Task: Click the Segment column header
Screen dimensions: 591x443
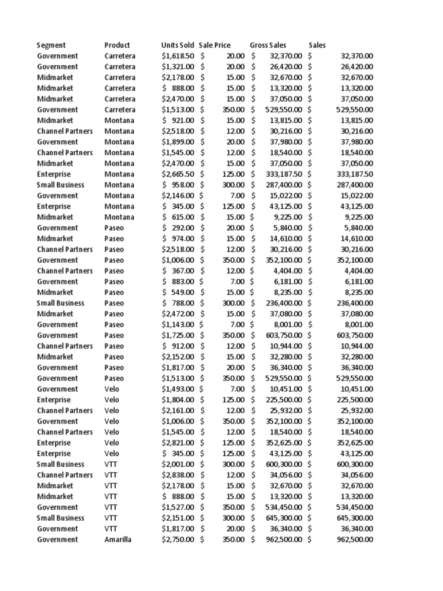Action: pos(51,45)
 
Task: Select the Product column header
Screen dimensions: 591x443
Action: pos(117,45)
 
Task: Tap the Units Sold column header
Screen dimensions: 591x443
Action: pos(178,45)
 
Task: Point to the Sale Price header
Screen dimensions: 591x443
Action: pos(215,45)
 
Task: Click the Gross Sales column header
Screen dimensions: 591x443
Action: pos(268,45)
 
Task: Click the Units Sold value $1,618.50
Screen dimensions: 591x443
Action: pos(178,56)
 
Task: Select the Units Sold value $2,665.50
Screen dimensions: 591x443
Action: pos(178,174)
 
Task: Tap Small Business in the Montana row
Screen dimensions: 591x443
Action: pos(61,185)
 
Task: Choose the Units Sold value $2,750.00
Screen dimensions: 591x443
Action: pos(178,539)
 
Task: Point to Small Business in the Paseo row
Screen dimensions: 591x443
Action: pos(61,303)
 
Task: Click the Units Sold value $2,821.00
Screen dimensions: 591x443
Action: pos(178,443)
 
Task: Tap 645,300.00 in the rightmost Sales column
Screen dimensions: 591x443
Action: pos(354,518)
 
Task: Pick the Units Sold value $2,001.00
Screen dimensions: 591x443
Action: pos(178,464)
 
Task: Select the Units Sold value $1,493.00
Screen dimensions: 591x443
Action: pos(178,389)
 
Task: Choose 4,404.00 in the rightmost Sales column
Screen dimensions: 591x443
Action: pos(359,271)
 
